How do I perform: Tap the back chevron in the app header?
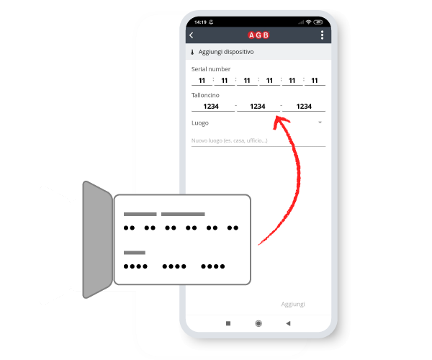(192, 35)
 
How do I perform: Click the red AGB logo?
(258, 35)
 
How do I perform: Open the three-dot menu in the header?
(322, 35)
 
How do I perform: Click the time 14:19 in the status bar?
(200, 22)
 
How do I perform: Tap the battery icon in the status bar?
(318, 22)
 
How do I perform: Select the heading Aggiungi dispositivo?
(226, 52)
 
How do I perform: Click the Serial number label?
(211, 69)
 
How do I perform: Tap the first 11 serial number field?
(202, 81)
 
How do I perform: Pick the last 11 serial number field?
(315, 81)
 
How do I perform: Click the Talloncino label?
(205, 95)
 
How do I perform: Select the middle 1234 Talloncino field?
(258, 107)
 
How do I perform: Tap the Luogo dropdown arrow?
(320, 122)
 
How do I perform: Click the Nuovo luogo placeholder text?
(230, 140)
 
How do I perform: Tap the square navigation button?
(228, 323)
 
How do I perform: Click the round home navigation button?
(258, 323)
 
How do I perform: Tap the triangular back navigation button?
(288, 323)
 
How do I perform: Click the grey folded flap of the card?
(97, 240)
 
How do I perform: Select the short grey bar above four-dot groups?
(135, 253)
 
